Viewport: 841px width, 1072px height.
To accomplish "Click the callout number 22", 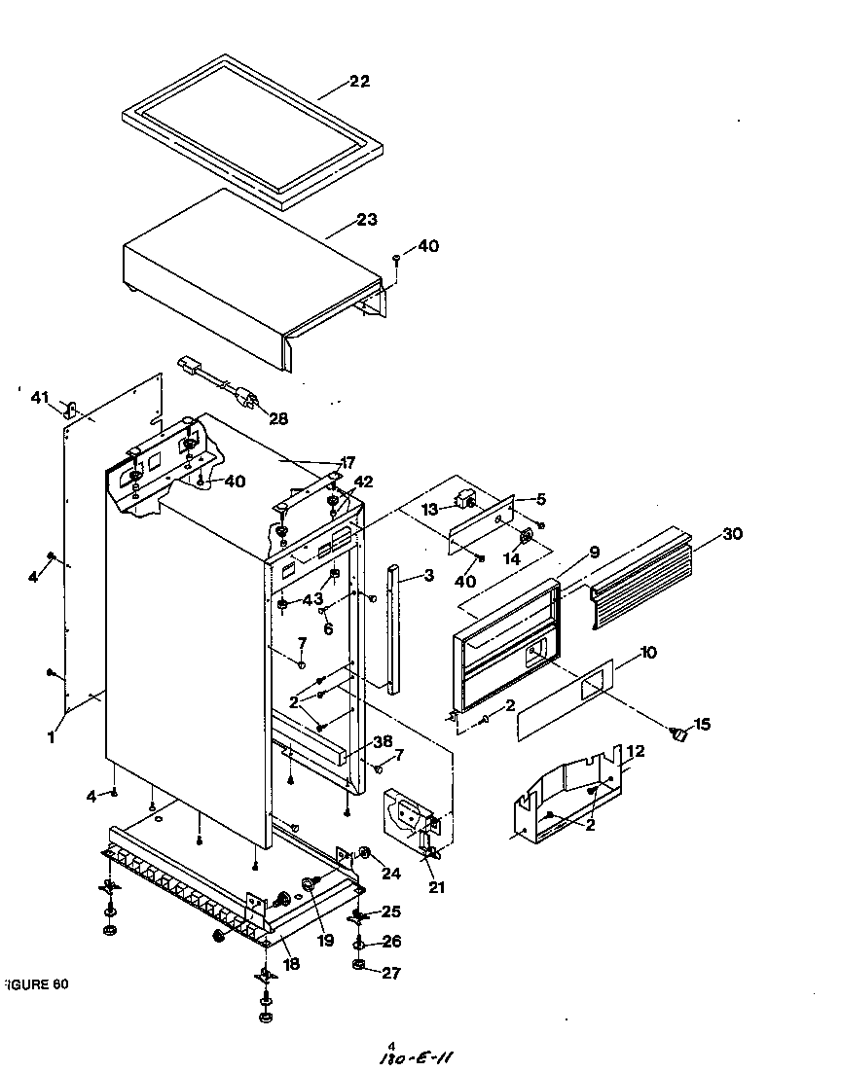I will click(359, 82).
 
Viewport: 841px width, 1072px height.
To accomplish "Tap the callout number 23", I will click(366, 220).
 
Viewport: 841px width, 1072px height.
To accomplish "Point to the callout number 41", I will click(39, 397).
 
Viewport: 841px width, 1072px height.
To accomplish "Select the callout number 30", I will click(732, 534).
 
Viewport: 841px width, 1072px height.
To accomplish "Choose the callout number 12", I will click(635, 751).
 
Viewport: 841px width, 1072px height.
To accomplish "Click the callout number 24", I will click(390, 874).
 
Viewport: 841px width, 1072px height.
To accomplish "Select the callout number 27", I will click(390, 973).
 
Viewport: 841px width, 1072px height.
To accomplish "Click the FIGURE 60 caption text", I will click(36, 983).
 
